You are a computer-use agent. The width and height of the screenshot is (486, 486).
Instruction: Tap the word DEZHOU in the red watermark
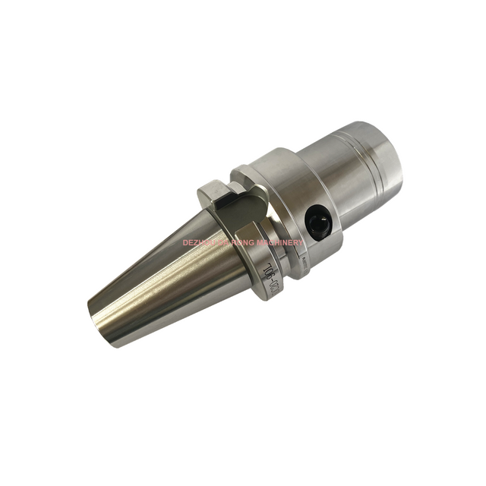coord(200,242)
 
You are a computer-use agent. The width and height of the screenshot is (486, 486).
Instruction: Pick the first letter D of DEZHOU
coord(185,242)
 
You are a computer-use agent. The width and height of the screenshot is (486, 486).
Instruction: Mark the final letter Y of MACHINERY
coord(301,242)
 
